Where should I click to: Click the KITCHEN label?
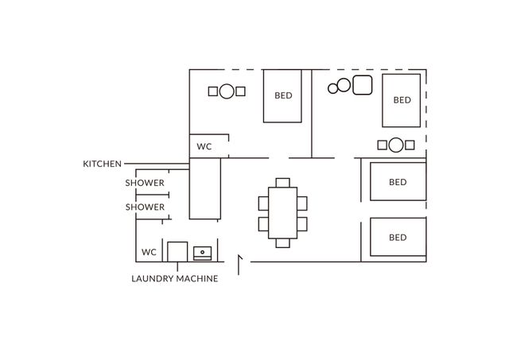tap(102, 164)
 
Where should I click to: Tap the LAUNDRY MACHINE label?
tap(175, 279)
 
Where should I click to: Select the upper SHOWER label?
tap(145, 183)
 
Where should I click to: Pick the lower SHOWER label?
tap(145, 207)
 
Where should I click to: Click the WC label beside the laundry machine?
tap(149, 252)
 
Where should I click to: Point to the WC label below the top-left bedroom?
tap(204, 146)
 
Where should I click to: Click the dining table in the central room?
tap(283, 213)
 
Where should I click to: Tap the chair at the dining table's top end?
tap(283, 183)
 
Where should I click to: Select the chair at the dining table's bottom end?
tap(283, 243)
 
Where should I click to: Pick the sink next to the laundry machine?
tap(202, 254)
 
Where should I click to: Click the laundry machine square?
tap(177, 252)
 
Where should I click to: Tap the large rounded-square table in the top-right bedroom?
tap(363, 85)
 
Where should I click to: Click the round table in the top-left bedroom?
tap(227, 91)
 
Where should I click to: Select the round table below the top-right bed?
tap(396, 145)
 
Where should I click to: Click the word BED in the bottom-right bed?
tap(398, 238)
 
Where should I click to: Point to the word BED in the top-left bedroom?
tap(283, 95)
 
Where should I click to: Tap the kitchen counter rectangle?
tap(205, 188)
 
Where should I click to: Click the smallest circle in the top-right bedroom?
tap(332, 88)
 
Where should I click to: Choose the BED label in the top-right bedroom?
tap(402, 100)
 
